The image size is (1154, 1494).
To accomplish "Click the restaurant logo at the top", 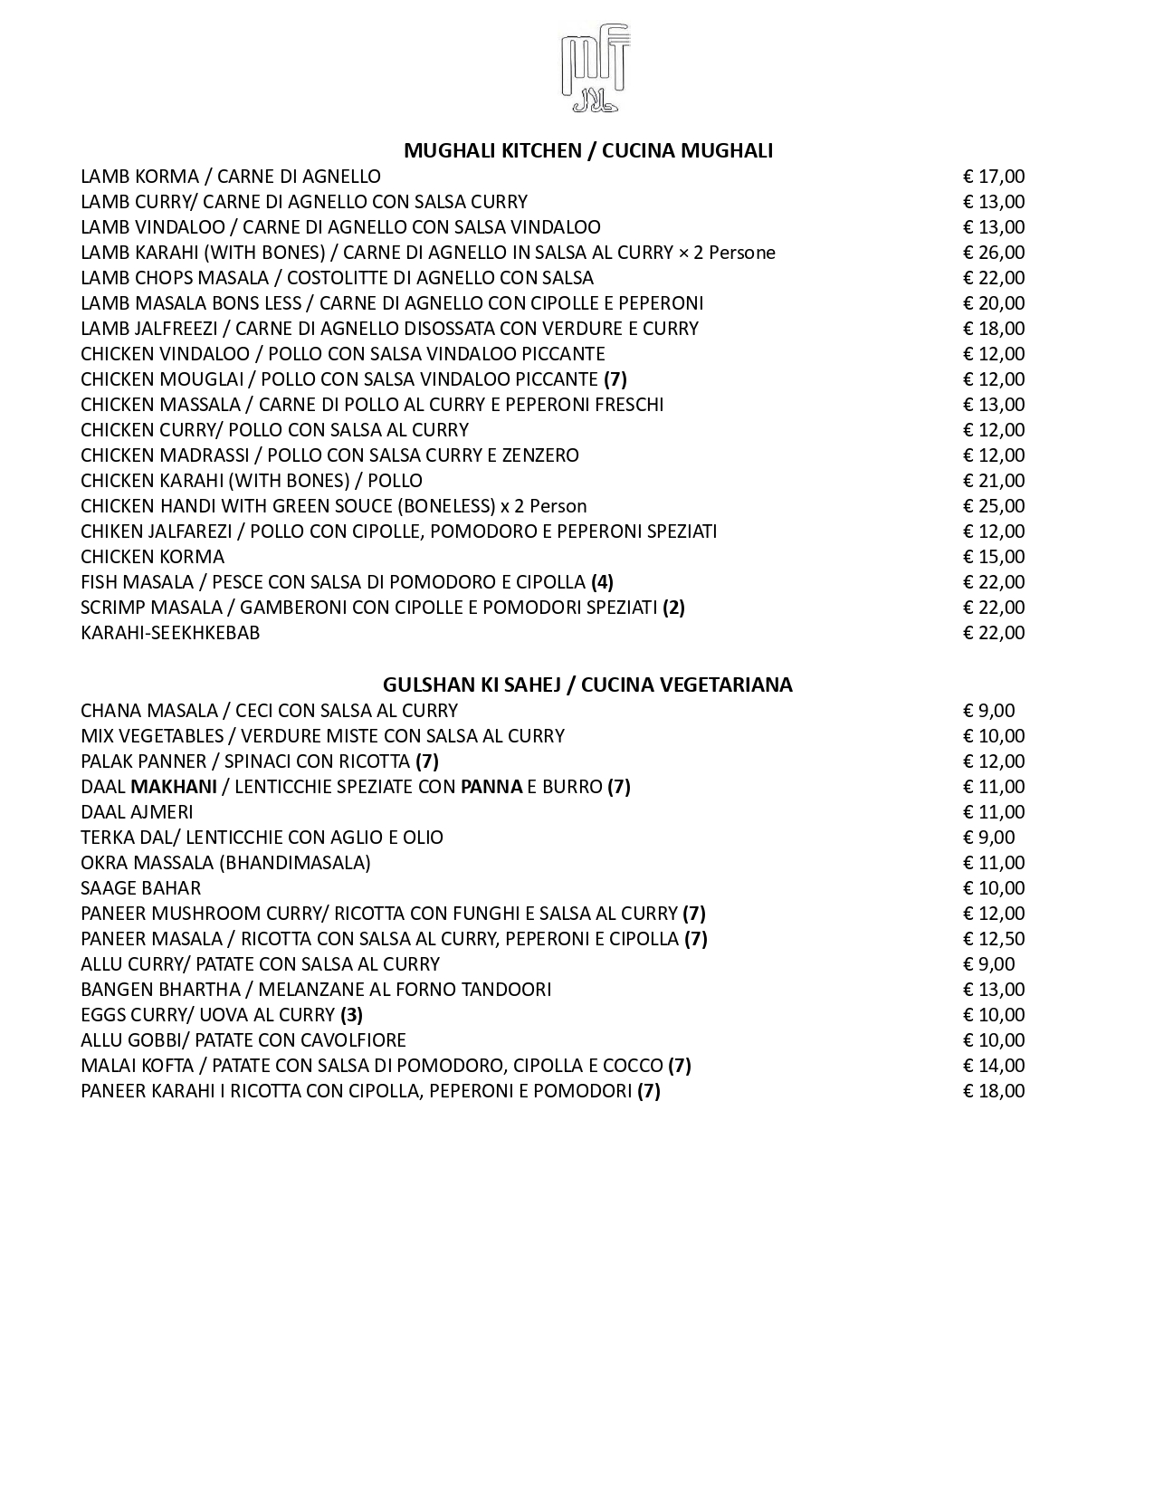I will (x=595, y=69).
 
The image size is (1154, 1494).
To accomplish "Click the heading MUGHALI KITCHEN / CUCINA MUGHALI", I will (x=587, y=150).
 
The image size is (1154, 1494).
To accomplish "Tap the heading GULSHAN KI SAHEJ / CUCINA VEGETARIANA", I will (x=587, y=685).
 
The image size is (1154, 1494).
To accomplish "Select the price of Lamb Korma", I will (x=993, y=177).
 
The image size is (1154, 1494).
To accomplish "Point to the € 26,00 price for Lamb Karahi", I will (x=993, y=253).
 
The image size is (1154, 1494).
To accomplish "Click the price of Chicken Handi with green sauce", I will (x=993, y=506).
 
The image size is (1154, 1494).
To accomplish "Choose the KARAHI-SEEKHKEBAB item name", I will (x=170, y=633).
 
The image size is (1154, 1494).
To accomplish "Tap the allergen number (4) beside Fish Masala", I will (x=602, y=582).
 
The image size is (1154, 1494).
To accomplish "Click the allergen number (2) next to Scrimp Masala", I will (x=673, y=608).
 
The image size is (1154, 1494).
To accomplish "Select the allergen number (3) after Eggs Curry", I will (x=351, y=1015).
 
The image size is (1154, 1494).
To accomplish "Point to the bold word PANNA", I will (x=491, y=787).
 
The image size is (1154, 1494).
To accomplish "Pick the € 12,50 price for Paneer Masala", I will (x=993, y=939).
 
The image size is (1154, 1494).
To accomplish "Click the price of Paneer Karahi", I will (x=993, y=1091).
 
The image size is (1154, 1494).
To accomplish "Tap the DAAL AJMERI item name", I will (x=137, y=812).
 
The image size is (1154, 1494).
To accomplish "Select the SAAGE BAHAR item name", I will (x=140, y=888).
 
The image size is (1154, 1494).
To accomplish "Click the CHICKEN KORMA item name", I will (x=152, y=557).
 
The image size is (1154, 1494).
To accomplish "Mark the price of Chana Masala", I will (x=988, y=711).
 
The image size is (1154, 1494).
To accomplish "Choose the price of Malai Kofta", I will (x=993, y=1066).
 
